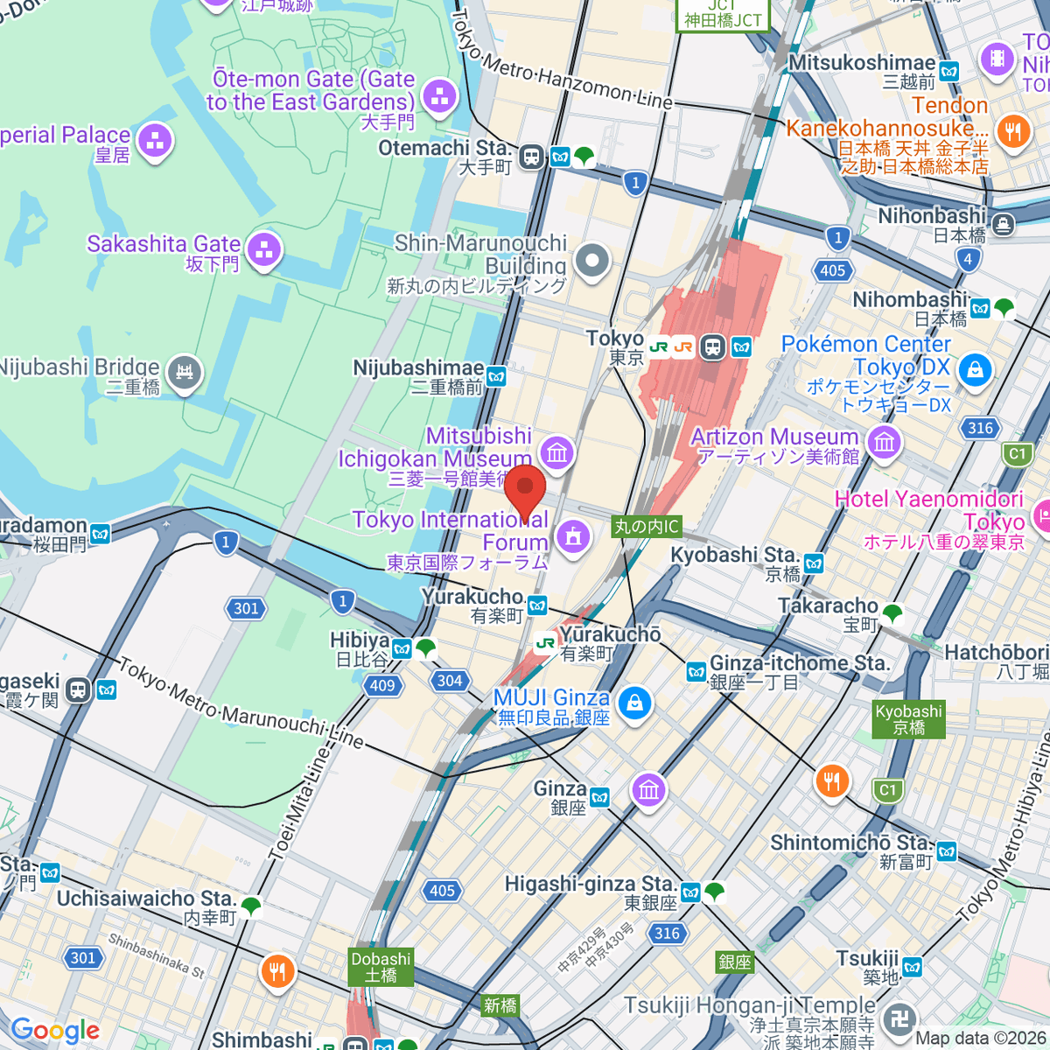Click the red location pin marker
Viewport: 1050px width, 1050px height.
[x=525, y=490]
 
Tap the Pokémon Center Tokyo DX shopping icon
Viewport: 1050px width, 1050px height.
[x=975, y=370]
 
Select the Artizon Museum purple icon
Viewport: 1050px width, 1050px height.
[x=885, y=442]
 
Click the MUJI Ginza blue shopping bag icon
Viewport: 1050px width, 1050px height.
[x=634, y=702]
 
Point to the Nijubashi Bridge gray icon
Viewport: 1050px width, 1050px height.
[x=185, y=374]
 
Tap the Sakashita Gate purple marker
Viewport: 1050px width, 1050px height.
[x=263, y=251]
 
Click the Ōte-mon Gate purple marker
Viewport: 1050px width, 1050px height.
[x=439, y=95]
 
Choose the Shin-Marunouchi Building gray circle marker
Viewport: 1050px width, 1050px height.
[x=592, y=261]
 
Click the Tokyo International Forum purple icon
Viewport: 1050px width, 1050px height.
[x=573, y=535]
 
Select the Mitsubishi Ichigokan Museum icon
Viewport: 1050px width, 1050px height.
[x=556, y=452]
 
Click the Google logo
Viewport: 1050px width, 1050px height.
[x=55, y=1030]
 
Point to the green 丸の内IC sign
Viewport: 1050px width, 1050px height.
[x=646, y=526]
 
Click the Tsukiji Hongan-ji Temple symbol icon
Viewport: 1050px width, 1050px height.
[x=900, y=1018]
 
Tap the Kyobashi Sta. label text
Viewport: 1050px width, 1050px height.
[x=734, y=555]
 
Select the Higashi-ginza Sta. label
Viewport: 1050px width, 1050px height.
[x=591, y=885]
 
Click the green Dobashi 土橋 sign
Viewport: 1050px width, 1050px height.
[x=381, y=966]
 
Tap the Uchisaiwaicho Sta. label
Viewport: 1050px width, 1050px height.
[x=146, y=899]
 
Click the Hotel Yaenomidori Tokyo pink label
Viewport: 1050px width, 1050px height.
[x=929, y=510]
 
